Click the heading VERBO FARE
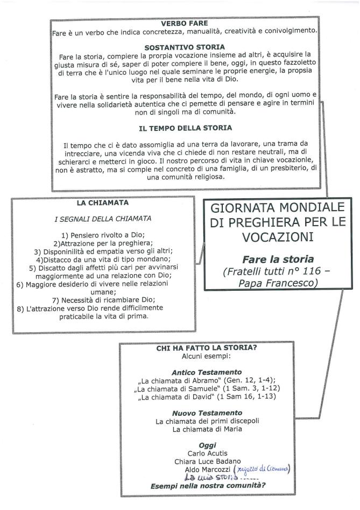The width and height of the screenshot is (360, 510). pos(185,24)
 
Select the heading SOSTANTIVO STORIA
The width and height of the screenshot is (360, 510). pos(185,47)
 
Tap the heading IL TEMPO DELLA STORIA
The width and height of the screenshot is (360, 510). pos(185,128)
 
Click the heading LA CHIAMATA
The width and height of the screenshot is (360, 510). pos(102,203)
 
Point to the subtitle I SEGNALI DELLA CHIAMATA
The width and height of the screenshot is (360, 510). pos(102,219)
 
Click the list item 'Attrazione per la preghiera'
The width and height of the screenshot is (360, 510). pos(103,243)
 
